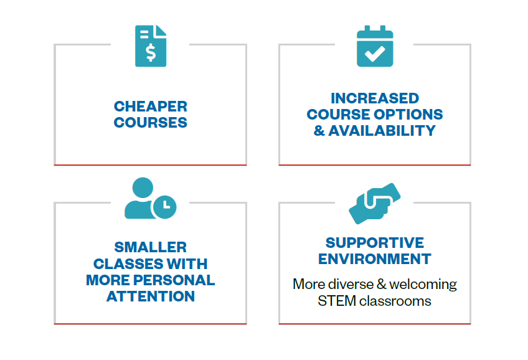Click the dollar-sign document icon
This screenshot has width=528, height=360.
[x=151, y=46]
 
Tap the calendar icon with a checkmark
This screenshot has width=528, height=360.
[x=375, y=46]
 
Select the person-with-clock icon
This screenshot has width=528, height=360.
[x=150, y=198]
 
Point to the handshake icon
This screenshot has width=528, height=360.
[x=375, y=204]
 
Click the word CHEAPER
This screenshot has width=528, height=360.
[x=151, y=107]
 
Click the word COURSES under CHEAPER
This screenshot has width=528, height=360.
[x=151, y=123]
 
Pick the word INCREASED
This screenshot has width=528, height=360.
[x=375, y=98]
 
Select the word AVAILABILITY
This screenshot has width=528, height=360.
[x=382, y=131]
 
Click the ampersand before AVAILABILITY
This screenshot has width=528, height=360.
[x=319, y=131]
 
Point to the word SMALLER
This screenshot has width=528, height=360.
[x=151, y=247]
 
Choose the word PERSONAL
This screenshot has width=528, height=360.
[x=174, y=280]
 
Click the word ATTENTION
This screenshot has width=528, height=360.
[x=151, y=296]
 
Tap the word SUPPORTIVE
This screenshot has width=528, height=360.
[x=375, y=243]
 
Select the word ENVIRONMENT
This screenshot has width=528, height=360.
[x=375, y=259]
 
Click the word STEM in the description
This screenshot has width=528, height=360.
[x=337, y=301]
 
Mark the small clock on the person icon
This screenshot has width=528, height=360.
[x=164, y=207]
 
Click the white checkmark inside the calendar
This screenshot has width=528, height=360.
[x=375, y=54]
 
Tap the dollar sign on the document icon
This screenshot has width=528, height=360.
[x=151, y=52]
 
